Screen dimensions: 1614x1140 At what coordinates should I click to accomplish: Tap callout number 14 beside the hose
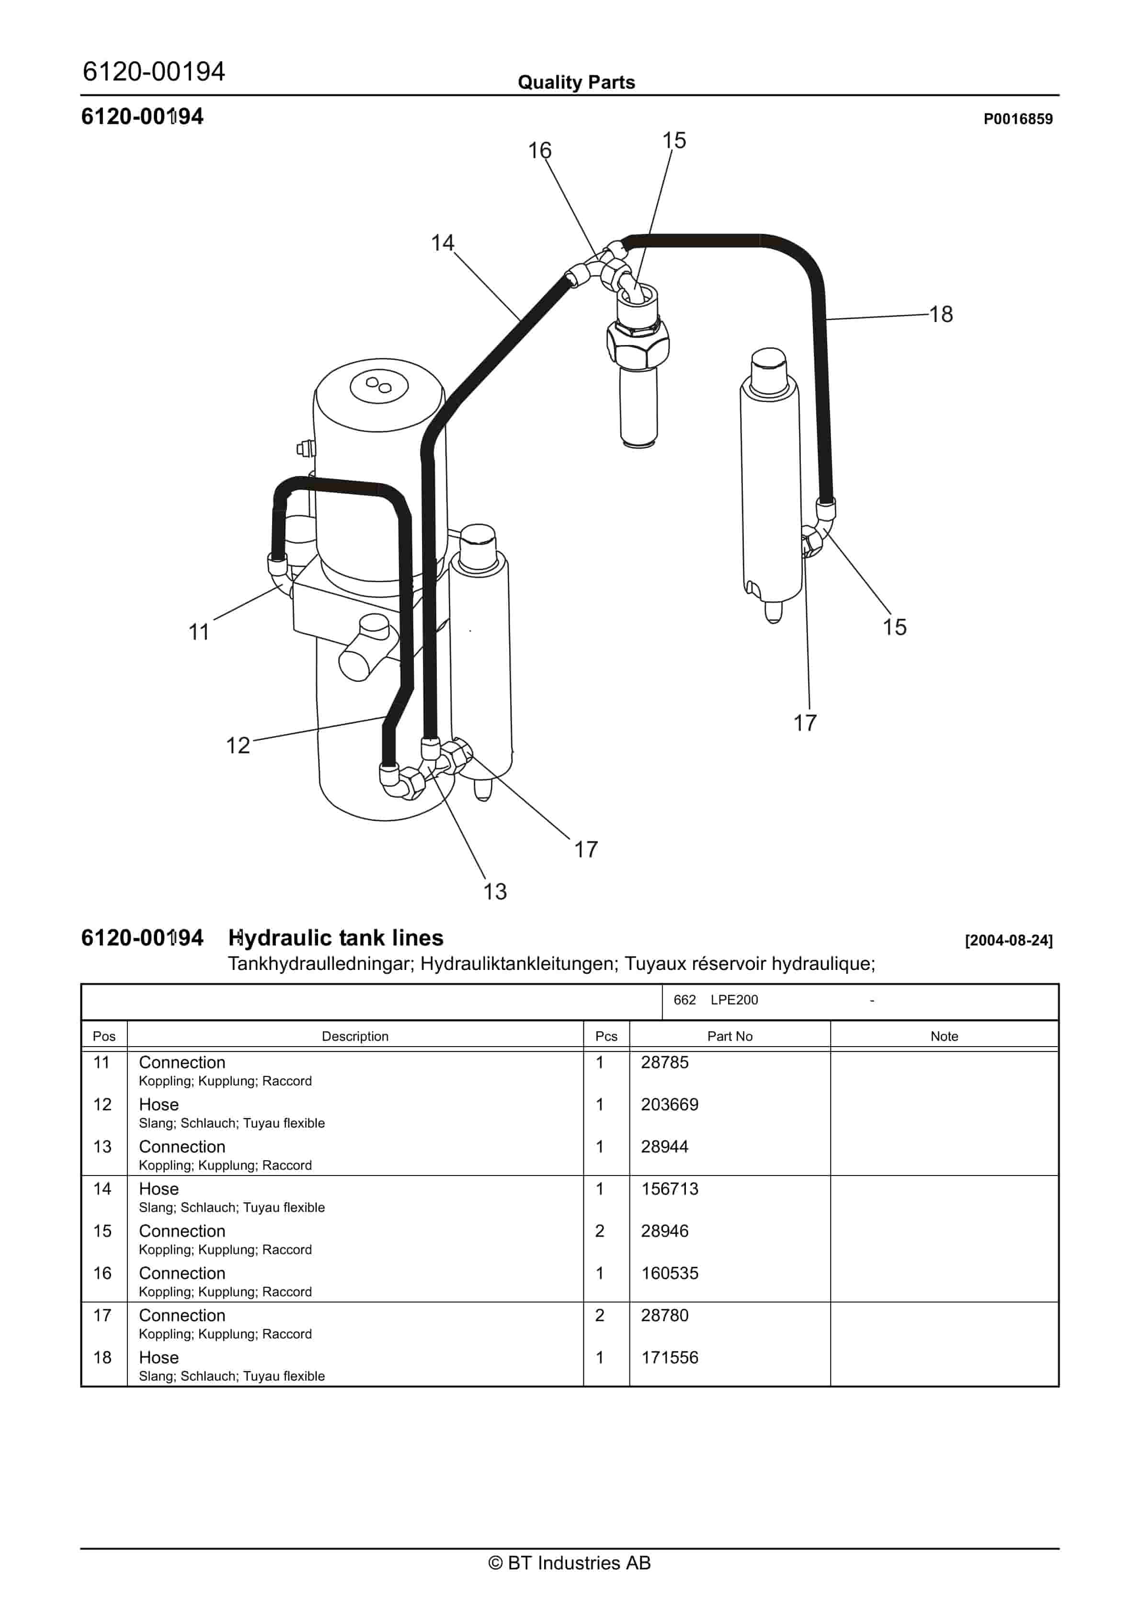442,243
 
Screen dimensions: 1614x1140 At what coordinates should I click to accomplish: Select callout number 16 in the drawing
540,150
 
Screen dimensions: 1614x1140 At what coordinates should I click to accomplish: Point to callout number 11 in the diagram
199,632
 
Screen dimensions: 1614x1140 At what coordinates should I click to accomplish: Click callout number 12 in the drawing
238,745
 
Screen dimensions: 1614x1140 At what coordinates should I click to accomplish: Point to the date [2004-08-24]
1009,941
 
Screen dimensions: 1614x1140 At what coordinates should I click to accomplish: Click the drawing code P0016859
1018,119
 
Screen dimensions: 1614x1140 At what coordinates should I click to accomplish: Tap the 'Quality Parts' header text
576,82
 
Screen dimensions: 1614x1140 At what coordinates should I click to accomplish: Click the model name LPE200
734,1000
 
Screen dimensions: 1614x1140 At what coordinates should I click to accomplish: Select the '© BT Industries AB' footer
570,1563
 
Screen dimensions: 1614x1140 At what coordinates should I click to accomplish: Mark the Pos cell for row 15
103,1231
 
